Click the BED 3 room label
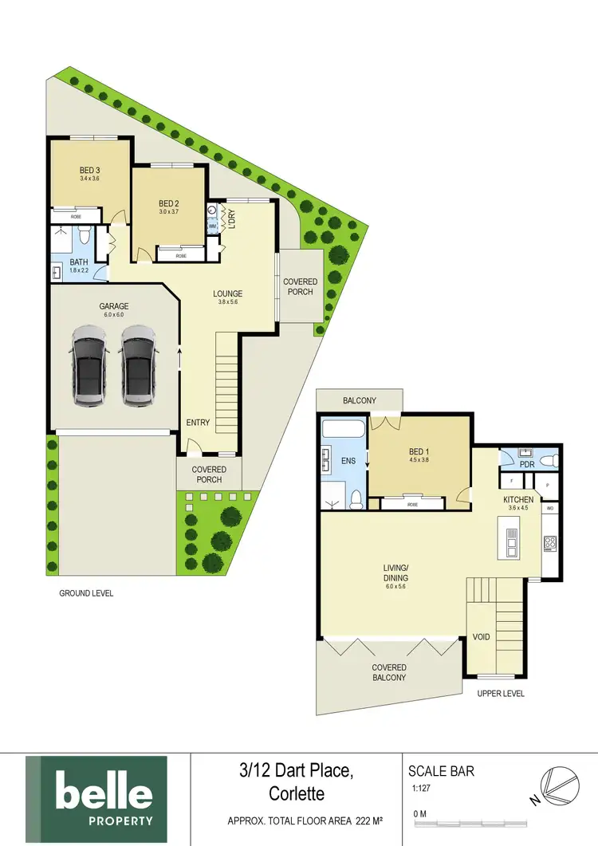(89, 170)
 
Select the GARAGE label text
(113, 306)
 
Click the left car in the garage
(89, 365)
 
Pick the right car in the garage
(137, 365)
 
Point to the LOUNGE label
(227, 293)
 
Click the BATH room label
(78, 262)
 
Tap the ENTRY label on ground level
(198, 422)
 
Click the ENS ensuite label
(348, 461)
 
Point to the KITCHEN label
(517, 500)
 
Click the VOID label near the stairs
(481, 637)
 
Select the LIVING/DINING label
(395, 573)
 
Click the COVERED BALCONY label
(389, 672)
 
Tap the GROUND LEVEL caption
(86, 593)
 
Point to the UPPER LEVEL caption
(501, 694)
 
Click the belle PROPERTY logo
(96, 801)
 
